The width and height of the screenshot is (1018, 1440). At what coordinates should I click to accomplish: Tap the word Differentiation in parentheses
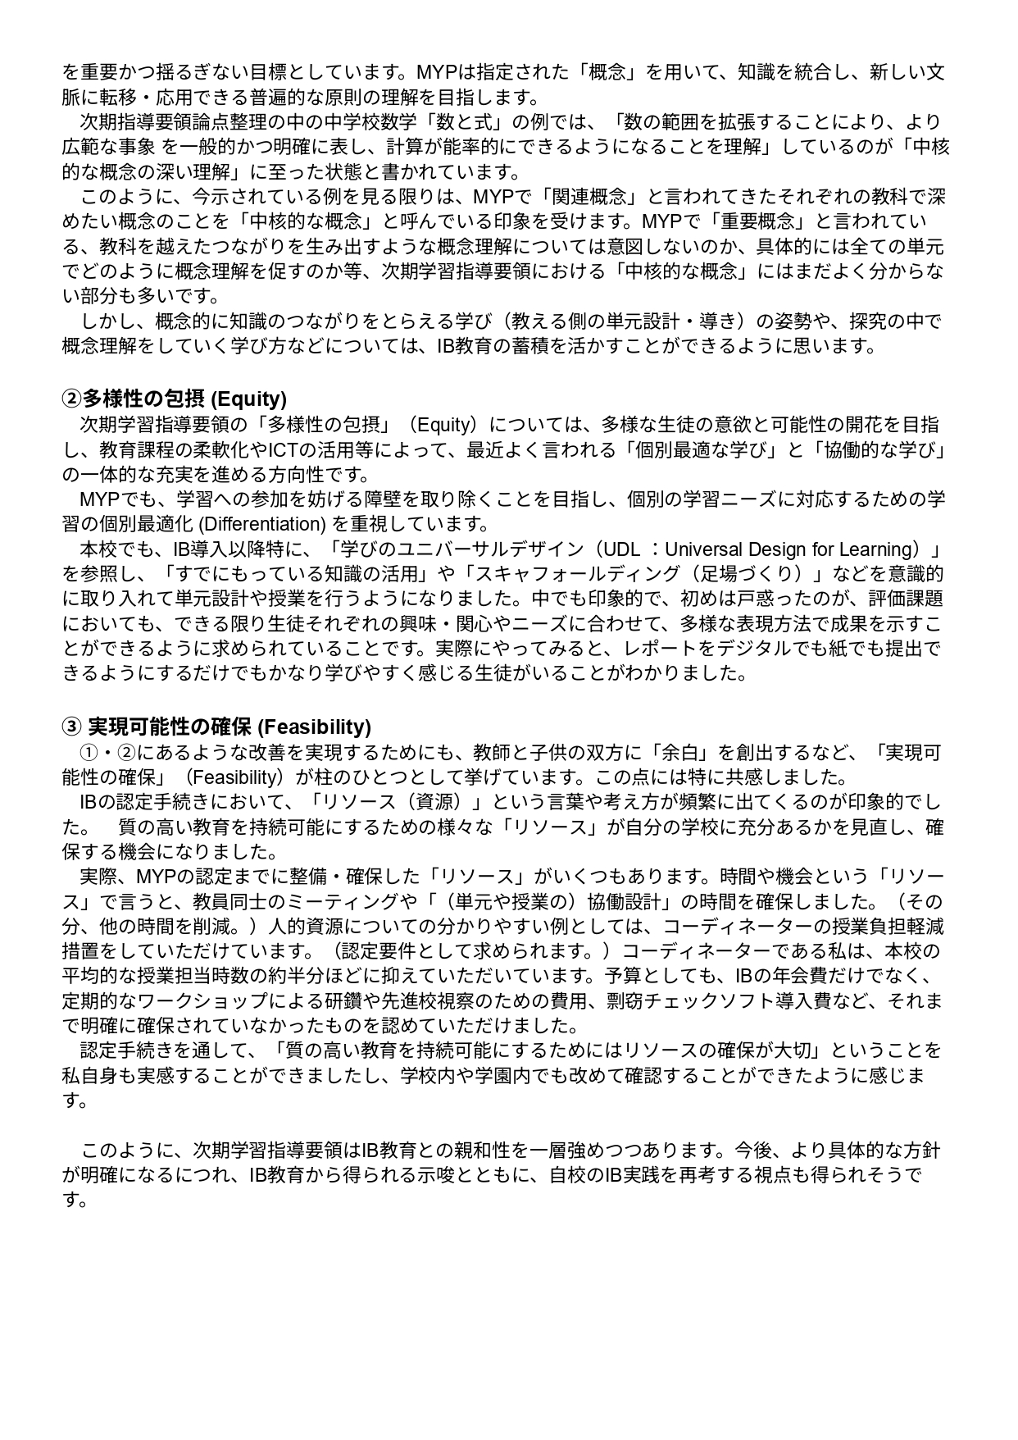(261, 524)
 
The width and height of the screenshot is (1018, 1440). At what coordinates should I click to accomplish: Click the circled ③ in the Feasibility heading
(71, 727)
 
